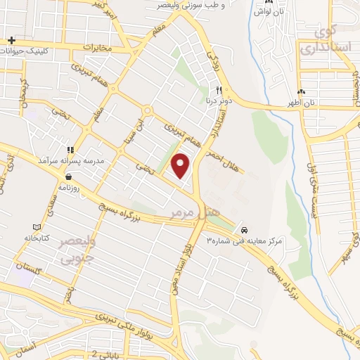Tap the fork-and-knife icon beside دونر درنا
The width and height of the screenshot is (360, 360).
pyautogui.click(x=219, y=91)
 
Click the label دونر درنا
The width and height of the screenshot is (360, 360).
pyautogui.click(x=219, y=101)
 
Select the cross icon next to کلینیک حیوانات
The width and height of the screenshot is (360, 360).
pyautogui.click(x=12, y=40)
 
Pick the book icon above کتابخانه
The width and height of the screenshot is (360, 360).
pyautogui.click(x=37, y=228)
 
